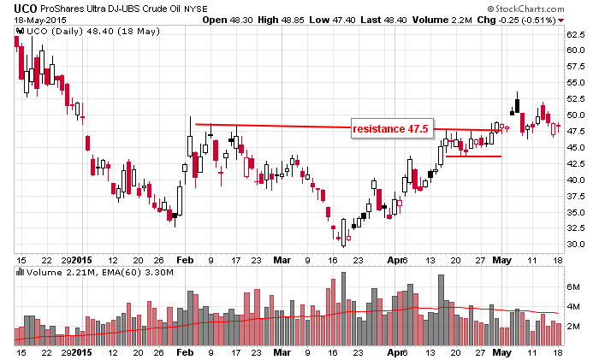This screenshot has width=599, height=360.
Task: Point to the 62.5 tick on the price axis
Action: click(x=575, y=34)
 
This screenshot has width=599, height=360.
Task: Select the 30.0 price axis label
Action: click(x=575, y=245)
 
